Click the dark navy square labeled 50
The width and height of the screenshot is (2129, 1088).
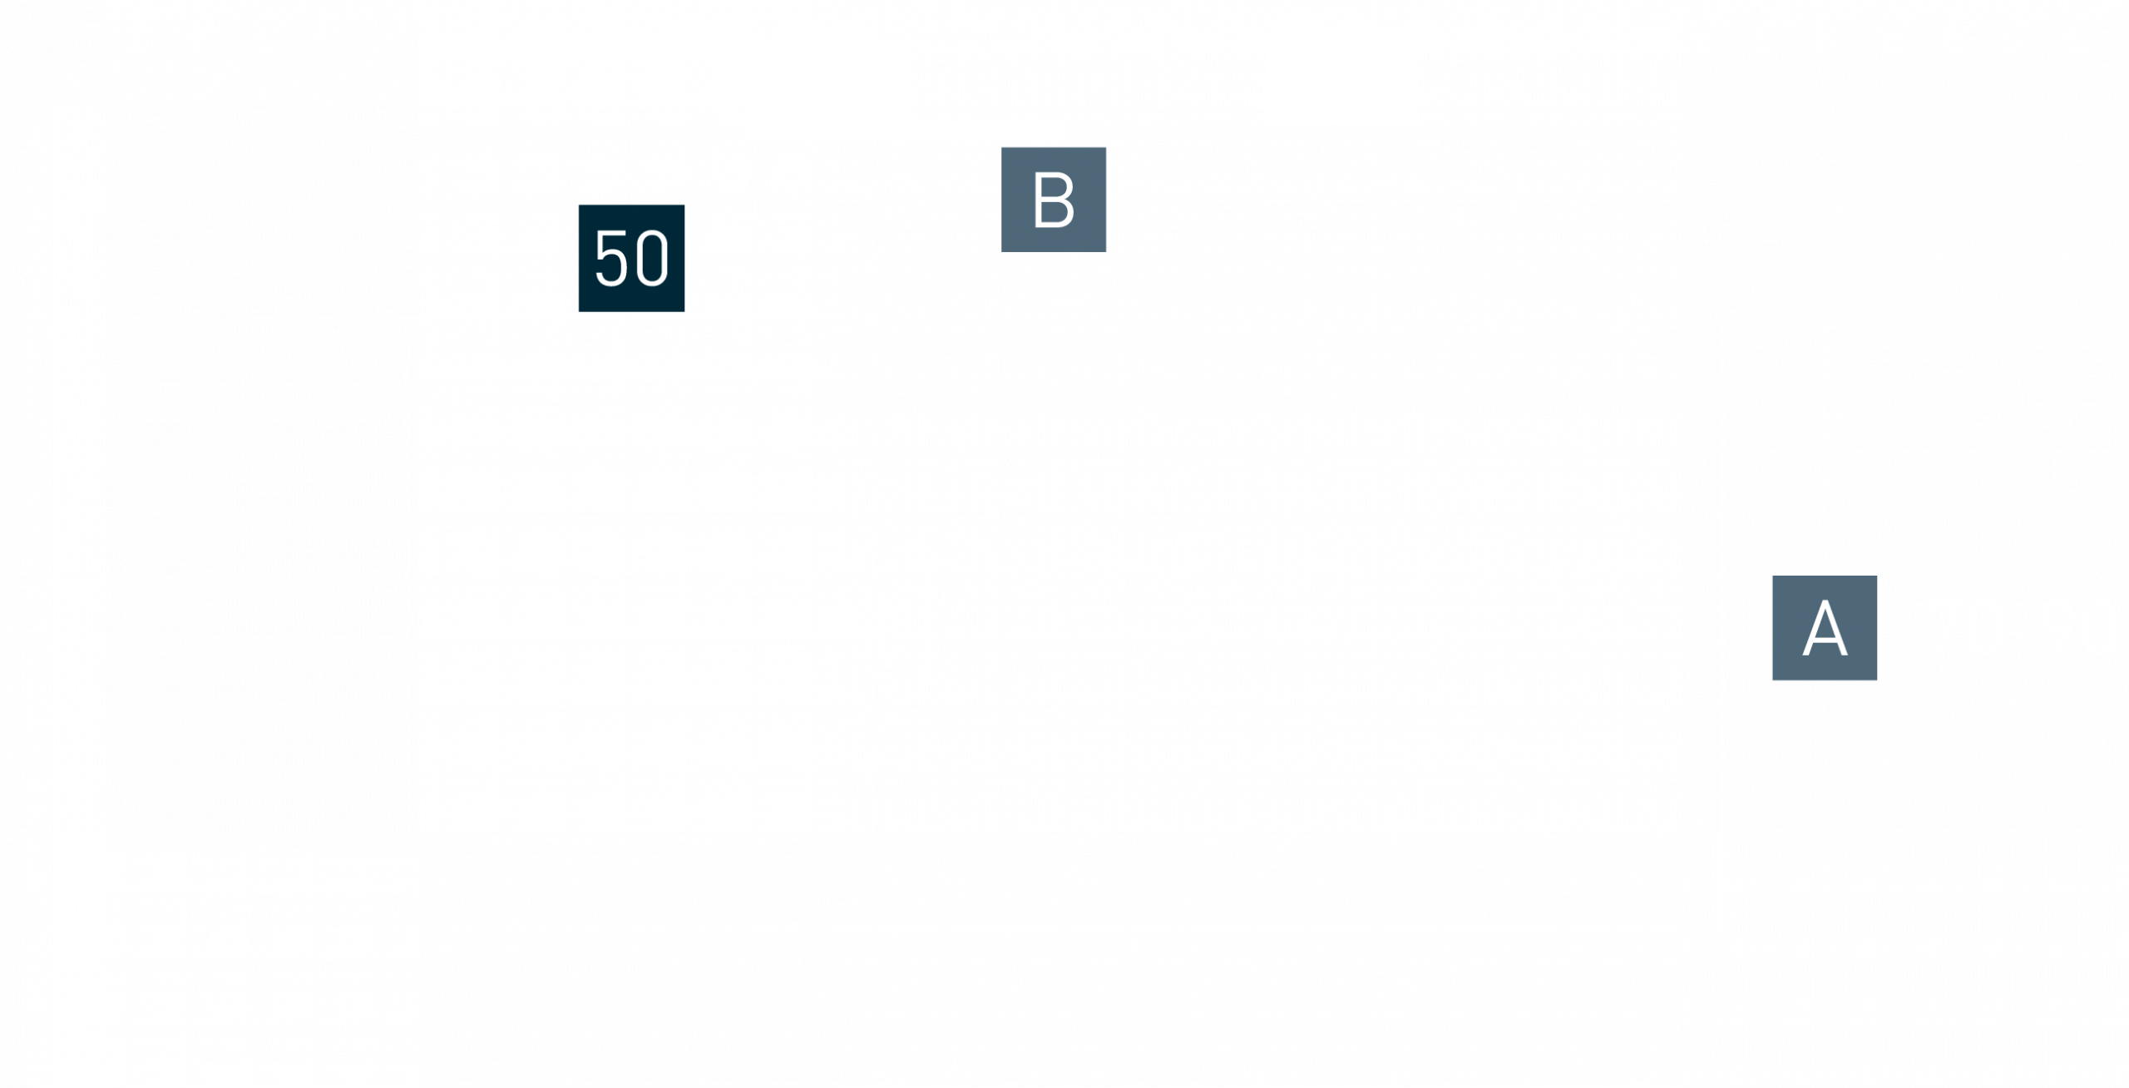631,258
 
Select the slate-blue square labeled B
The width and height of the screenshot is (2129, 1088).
1054,200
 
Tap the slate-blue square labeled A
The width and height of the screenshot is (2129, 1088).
1825,628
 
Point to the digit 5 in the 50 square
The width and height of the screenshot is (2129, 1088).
610,258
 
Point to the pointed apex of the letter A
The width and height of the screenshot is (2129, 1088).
1825,601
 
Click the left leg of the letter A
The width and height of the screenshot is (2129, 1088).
1814,628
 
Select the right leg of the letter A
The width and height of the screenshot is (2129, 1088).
1835,628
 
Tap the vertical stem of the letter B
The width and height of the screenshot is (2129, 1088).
1039,200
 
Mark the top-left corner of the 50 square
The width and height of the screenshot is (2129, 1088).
579,205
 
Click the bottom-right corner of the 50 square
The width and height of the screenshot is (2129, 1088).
684,312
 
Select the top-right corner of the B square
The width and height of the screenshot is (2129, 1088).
1106,147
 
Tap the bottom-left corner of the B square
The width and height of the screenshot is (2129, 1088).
1001,252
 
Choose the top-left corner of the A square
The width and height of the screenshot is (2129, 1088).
1772,576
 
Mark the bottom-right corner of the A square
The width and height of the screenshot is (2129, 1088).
1877,680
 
